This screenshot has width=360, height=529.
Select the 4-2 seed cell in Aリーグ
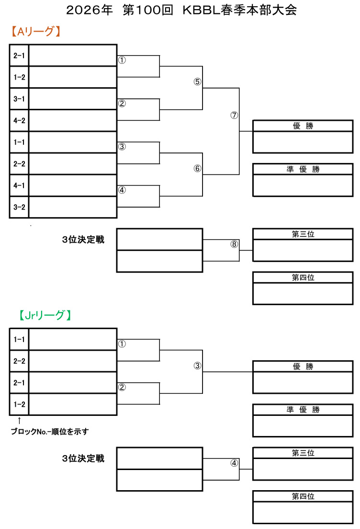point(19,121)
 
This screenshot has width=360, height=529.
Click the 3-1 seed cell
point(19,99)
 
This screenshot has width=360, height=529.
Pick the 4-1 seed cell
point(19,185)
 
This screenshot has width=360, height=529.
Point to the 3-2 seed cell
point(19,207)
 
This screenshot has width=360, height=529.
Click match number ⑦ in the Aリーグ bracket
point(234,115)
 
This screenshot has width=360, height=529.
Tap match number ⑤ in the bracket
point(197,81)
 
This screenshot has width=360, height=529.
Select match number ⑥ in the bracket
point(197,169)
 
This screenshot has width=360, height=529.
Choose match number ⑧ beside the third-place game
point(234,244)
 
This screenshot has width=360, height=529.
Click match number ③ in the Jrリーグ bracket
point(197,366)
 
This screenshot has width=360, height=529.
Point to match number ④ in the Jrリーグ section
point(234,463)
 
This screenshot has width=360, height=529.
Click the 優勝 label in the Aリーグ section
point(303,126)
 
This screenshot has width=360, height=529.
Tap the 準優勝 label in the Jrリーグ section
point(303,410)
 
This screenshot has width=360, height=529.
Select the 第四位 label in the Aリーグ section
point(303,277)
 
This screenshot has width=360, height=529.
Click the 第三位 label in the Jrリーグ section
point(303,453)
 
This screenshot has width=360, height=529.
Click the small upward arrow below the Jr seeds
point(19,420)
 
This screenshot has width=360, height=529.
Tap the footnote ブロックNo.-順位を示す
point(50,431)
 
